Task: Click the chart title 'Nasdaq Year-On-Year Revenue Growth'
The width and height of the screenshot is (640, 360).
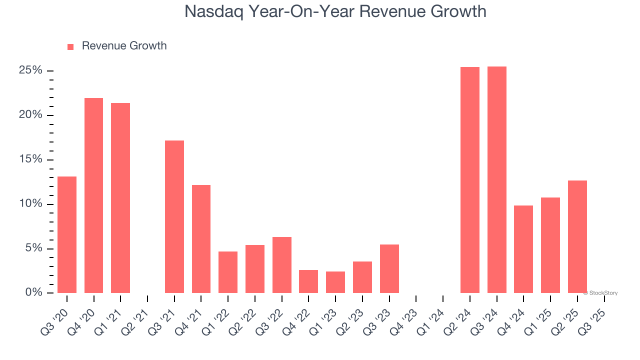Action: click(x=335, y=11)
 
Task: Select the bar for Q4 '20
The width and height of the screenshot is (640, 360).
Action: click(x=93, y=195)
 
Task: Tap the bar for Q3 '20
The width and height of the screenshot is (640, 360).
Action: click(x=67, y=234)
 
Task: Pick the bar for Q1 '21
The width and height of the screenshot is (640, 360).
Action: click(x=120, y=198)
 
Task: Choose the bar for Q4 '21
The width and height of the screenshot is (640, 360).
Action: click(x=201, y=239)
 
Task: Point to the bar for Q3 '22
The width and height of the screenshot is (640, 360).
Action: click(x=282, y=265)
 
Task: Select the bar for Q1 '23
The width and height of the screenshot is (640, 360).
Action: click(x=335, y=282)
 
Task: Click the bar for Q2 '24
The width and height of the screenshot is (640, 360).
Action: click(x=470, y=180)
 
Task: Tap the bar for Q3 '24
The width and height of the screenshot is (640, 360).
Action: click(x=497, y=179)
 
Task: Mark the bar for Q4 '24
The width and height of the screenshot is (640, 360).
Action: click(x=523, y=249)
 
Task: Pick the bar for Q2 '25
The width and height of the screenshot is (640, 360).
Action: click(x=577, y=236)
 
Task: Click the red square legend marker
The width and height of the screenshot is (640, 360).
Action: click(x=70, y=46)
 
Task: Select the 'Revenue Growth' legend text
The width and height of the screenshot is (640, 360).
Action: click(x=124, y=46)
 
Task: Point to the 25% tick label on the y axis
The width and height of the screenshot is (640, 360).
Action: click(x=30, y=70)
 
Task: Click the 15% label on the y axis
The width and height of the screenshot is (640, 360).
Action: click(x=30, y=159)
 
